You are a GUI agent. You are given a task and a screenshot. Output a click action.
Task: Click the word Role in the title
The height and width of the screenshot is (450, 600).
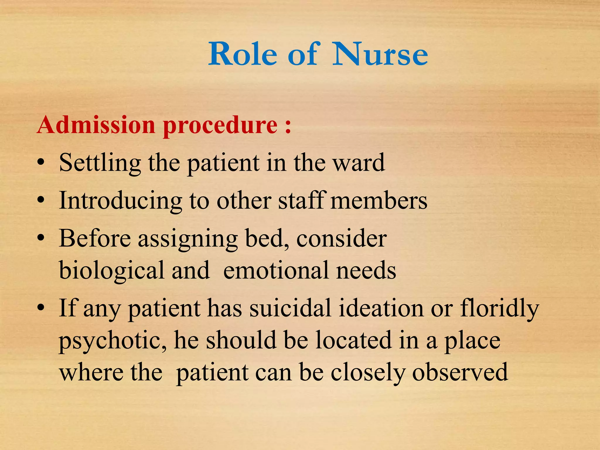[243, 54]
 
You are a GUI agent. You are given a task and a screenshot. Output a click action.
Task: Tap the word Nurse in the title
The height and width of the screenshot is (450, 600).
[380, 54]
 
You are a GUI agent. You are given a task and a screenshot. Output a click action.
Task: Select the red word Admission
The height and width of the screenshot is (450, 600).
[96, 125]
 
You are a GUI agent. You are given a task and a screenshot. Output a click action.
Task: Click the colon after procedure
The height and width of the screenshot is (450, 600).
[288, 127]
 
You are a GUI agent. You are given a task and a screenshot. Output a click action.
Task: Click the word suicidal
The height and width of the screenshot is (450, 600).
[290, 308]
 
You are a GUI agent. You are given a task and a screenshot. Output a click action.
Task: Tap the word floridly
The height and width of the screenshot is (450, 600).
[500, 309]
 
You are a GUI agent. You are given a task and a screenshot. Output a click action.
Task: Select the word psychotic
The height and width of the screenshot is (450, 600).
[113, 341]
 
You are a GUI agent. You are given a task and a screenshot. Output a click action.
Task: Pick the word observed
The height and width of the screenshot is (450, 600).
[460, 372]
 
